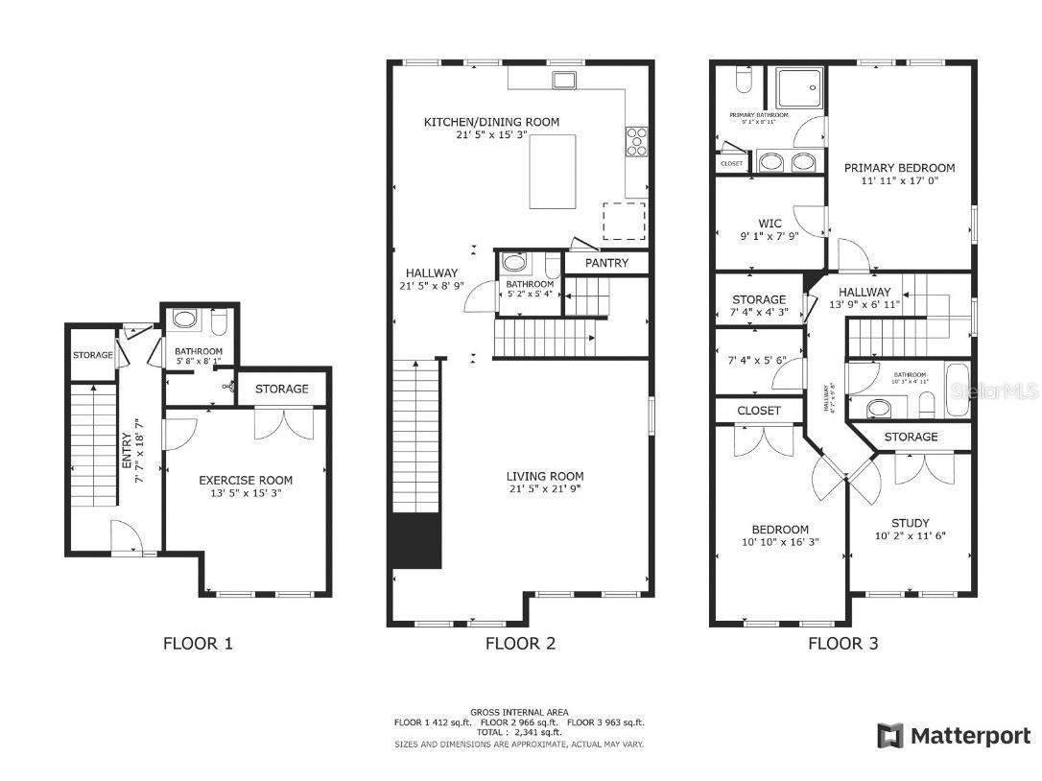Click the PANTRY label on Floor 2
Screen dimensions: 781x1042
606,263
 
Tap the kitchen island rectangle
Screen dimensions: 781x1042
553,171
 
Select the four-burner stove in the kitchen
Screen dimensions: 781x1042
636,141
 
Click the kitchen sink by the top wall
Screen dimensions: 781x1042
563,79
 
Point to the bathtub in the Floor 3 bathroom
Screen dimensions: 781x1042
958,389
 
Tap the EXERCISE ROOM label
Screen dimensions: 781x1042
246,480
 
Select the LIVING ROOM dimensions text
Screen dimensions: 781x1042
545,489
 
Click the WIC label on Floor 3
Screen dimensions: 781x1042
770,224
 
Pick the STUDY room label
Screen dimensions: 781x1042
910,523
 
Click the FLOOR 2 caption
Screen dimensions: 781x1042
520,644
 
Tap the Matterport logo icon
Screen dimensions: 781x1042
889,736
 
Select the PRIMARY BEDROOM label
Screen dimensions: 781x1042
899,168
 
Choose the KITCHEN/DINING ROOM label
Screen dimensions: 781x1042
491,122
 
